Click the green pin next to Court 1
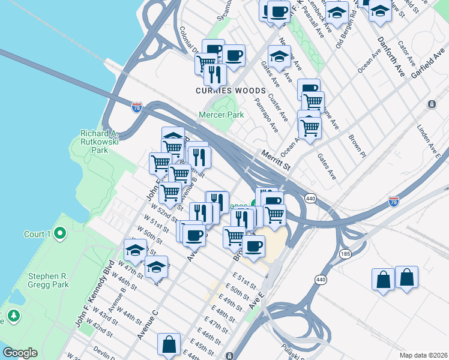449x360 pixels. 59,233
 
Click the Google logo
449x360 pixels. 20,353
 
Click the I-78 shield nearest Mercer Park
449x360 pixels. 137,107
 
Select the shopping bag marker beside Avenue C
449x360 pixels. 169,344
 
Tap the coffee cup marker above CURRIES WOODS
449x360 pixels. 233,55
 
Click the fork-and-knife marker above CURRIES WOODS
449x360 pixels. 214,74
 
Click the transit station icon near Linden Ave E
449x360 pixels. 432,104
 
